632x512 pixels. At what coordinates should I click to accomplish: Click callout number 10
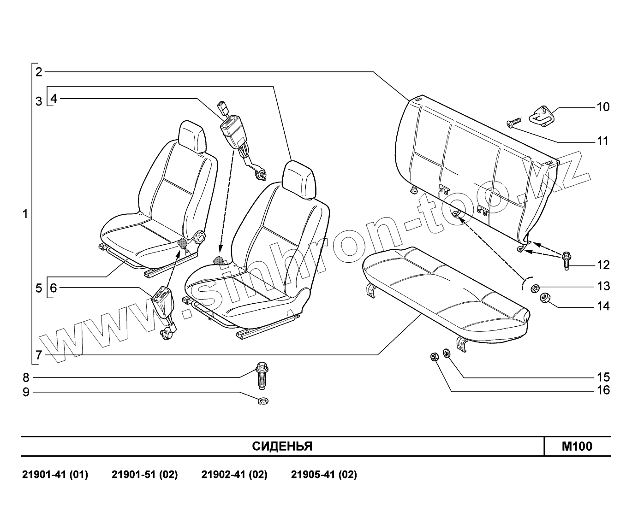pos(603,107)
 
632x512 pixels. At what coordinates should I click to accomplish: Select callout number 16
pos(603,390)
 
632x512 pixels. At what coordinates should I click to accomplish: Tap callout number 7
pos(39,355)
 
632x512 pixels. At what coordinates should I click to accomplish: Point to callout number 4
pos(54,99)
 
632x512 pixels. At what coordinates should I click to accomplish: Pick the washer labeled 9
pos(263,400)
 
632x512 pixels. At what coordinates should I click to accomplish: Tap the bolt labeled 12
pos(566,261)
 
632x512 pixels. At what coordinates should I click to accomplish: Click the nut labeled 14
pos(544,298)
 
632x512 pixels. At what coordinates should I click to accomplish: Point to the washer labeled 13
pos(535,288)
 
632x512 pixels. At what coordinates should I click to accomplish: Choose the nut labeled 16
pos(434,357)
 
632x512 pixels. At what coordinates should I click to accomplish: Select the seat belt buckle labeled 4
pos(232,128)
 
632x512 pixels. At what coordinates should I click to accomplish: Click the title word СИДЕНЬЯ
pos(282,447)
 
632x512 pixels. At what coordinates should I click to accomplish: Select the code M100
pos(577,447)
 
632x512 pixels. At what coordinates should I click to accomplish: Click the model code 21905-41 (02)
pos(324,475)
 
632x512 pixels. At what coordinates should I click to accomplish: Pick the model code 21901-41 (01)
pos(55,475)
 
